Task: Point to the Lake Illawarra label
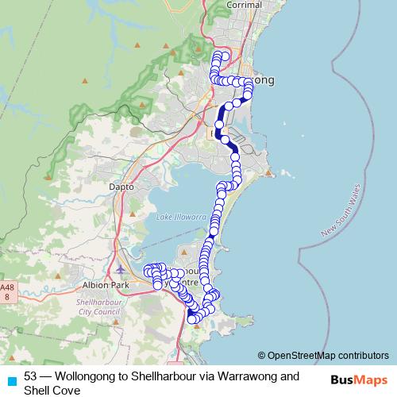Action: (181, 217)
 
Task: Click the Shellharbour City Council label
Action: (97, 307)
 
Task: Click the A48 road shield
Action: (7, 291)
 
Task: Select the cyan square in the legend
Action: (11, 382)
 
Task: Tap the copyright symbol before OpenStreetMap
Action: (261, 355)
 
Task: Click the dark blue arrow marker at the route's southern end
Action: (191, 318)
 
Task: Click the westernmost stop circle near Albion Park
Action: (147, 272)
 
